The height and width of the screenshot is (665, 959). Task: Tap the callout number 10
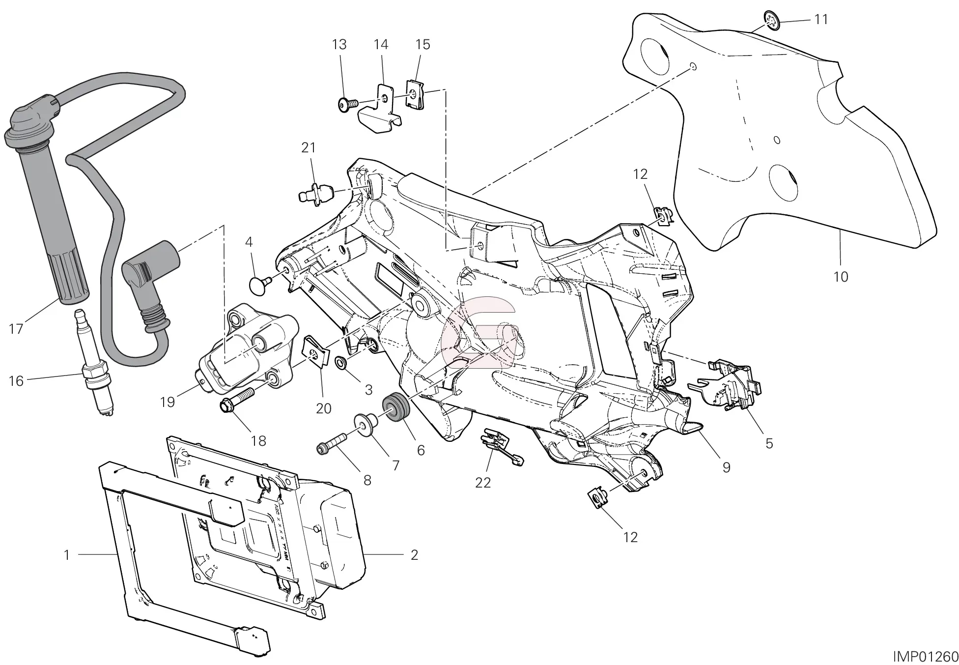841,277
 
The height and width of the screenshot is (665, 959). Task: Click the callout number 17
16,328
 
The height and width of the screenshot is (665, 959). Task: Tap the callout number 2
414,555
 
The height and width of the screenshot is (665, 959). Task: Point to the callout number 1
67,555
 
